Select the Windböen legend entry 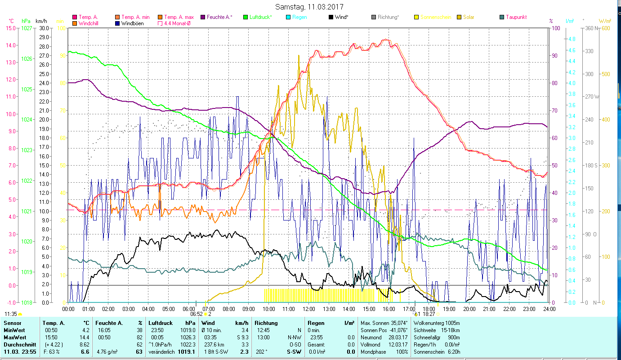(x=132, y=23)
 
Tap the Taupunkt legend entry (x=516, y=17)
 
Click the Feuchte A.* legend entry (x=219, y=17)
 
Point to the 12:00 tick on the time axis (x=309, y=309)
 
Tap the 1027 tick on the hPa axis (x=27, y=28)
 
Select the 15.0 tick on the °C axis (x=10, y=28)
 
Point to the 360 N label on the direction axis (x=591, y=28)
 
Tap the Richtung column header (x=266, y=323)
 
